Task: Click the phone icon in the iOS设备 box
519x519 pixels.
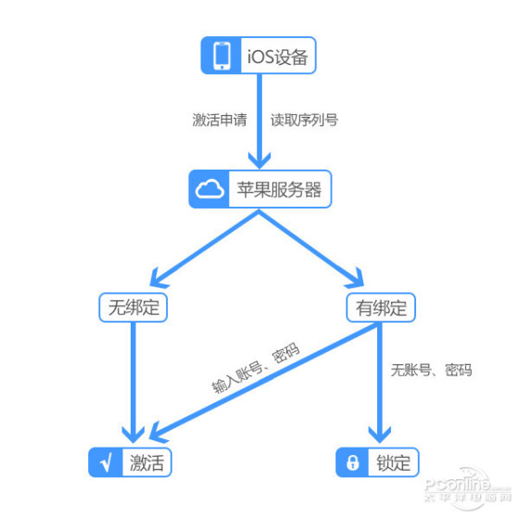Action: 222,56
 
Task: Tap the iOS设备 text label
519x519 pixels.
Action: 277,57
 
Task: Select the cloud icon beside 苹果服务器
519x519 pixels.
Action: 209,189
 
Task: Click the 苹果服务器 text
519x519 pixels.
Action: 279,190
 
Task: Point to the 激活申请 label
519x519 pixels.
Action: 220,120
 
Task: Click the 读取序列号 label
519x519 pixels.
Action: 304,120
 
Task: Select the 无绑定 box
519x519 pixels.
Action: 133,308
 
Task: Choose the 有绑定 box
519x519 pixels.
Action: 381,308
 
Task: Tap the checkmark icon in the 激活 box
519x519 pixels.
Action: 106,462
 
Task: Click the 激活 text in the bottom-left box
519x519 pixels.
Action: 147,462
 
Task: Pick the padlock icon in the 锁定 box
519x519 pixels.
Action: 352,462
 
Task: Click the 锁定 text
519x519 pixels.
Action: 394,462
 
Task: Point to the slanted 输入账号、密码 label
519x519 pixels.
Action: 256,368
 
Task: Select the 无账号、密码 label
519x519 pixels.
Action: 431,370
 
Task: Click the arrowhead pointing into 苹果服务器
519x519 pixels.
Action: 259,160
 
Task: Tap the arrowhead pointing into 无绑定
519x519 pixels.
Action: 158,279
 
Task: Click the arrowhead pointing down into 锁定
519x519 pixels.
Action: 380,435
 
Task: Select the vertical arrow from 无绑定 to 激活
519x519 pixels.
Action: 133,383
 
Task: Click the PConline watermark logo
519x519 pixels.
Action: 467,487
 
